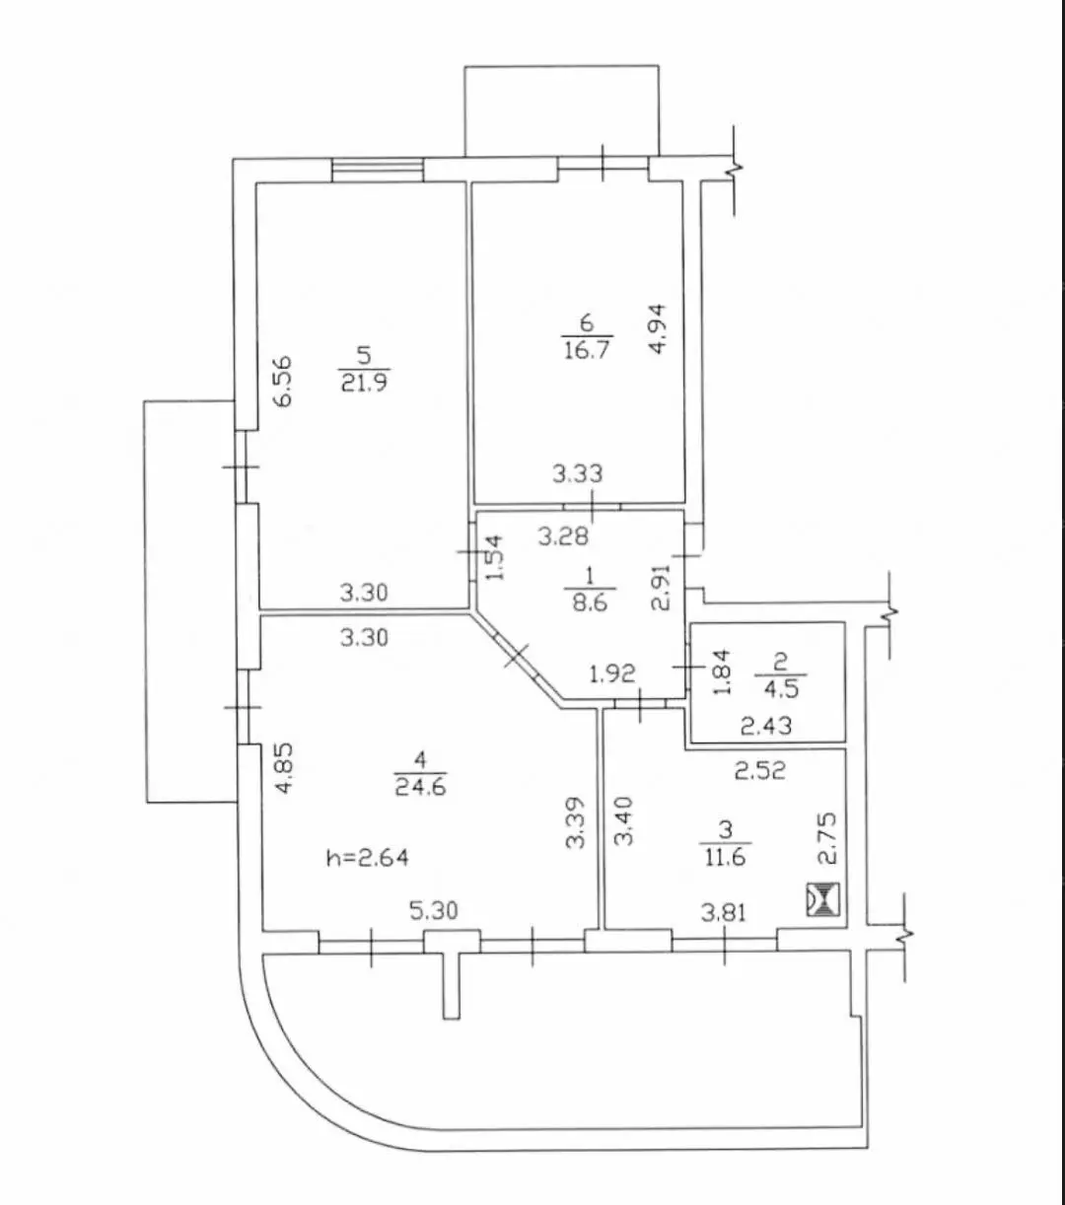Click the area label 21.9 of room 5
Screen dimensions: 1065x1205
364,382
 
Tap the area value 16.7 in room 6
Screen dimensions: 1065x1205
587,349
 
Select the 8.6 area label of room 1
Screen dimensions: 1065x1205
590,602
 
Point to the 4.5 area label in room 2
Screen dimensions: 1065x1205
781,688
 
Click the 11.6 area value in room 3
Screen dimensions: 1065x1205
725,857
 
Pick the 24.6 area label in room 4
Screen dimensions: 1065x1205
421,786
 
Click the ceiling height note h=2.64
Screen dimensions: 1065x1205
368,857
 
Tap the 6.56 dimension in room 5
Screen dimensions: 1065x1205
283,382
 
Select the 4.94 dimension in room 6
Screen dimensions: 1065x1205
658,329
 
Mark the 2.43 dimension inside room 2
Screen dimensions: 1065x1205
766,726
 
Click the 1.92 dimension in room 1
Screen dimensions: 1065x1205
612,673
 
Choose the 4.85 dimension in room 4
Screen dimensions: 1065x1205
284,767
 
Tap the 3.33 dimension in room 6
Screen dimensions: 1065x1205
577,474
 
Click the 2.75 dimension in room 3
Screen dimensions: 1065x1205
827,838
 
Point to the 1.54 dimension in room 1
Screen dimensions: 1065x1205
494,557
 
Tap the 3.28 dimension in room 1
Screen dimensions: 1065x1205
563,536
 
